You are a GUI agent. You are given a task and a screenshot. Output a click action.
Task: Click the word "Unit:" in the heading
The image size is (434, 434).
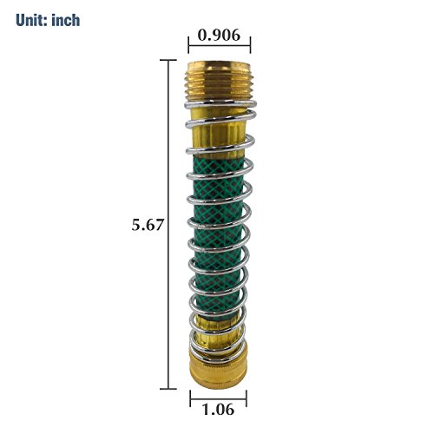coord(31,20)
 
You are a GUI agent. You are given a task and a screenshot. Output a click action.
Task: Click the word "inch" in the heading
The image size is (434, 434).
coord(66,20)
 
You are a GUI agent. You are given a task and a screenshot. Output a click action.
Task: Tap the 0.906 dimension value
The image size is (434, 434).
coord(219,36)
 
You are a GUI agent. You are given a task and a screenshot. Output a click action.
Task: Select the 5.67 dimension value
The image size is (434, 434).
coord(148,225)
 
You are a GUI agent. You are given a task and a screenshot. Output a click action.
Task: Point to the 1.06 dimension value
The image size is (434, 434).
coord(218,410)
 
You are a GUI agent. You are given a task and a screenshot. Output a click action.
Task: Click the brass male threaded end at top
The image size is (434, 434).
coord(219,81)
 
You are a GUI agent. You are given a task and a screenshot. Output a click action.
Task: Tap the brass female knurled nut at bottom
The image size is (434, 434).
coord(218,369)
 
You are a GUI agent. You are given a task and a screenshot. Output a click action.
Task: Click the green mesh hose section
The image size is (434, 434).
coord(219,236)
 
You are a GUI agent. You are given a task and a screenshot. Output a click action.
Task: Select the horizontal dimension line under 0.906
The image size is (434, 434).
coord(220,45)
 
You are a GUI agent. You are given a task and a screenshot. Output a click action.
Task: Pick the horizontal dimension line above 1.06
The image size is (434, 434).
coord(219,398)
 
